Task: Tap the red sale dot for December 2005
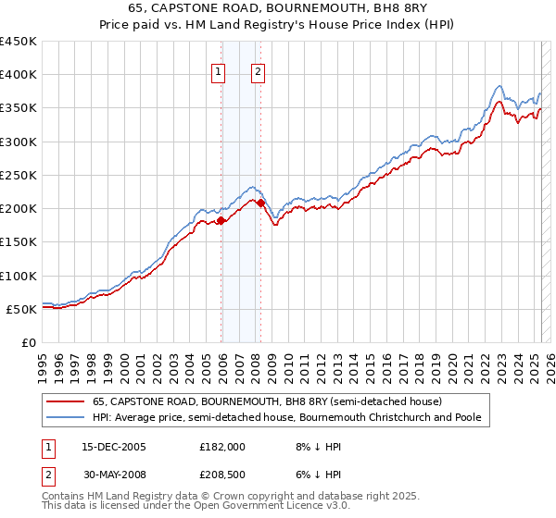coord(221,220)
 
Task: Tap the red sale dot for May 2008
coord(261,203)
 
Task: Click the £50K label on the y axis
coord(21,309)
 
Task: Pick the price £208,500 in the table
coord(222,476)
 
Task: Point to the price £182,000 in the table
coord(222,446)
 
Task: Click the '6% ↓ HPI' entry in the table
coord(318,476)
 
